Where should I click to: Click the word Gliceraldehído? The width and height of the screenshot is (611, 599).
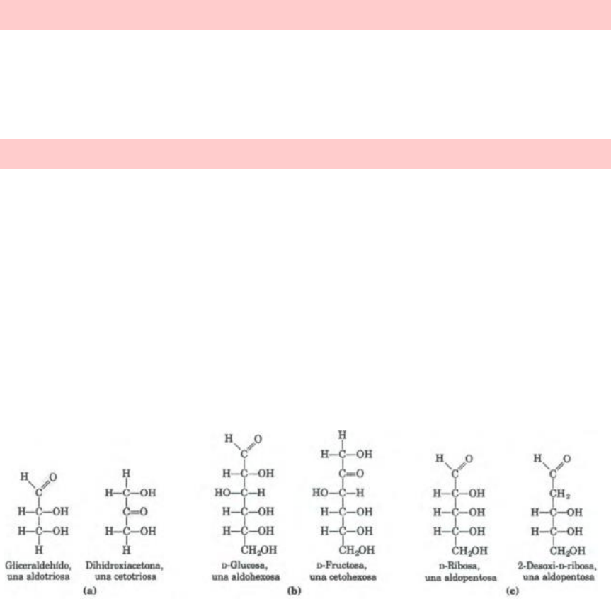click(38, 566)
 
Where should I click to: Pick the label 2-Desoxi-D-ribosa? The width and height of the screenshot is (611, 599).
click(556, 566)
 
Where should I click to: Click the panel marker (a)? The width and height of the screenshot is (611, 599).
click(90, 591)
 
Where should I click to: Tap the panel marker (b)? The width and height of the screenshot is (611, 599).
click(295, 591)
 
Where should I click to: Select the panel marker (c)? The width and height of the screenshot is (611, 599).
click(513, 591)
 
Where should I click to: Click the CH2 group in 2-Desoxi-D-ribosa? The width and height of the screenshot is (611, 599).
click(559, 494)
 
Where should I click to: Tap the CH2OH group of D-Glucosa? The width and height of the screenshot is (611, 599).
click(258, 550)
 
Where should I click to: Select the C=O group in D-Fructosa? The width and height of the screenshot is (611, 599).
click(351, 473)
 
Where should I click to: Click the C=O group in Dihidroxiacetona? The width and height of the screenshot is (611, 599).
click(135, 511)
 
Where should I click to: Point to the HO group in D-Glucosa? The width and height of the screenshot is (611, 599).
click(222, 493)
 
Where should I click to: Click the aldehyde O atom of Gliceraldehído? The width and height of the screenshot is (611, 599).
click(53, 477)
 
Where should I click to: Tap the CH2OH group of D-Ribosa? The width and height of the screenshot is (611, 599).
click(469, 551)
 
